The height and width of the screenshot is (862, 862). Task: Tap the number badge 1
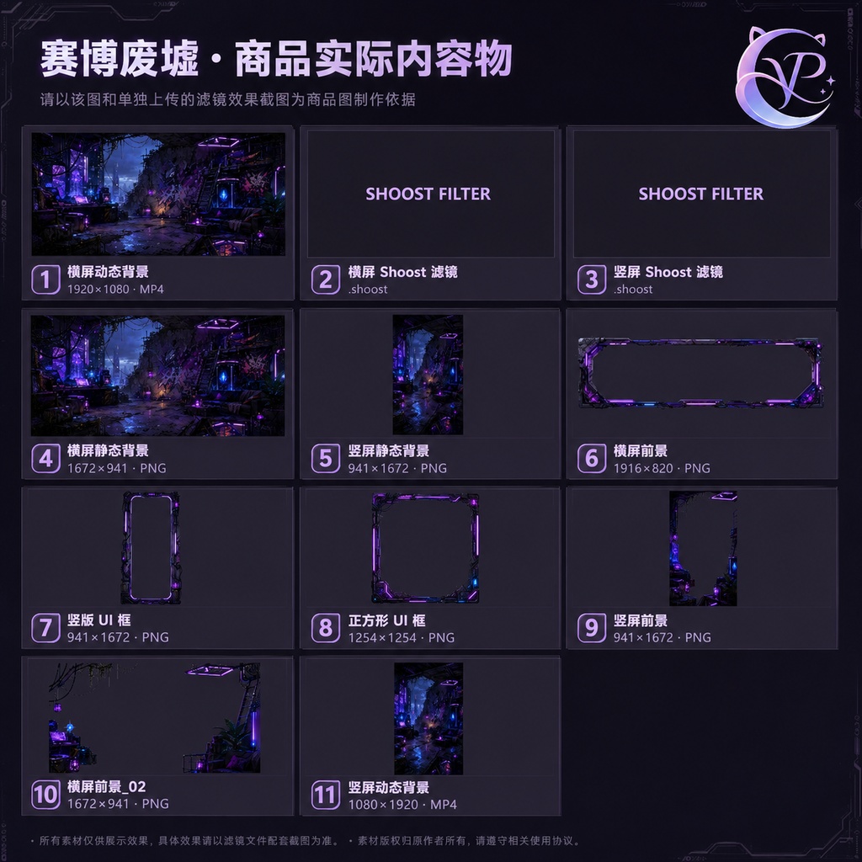tap(45, 279)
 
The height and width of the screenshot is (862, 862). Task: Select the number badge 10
tap(45, 795)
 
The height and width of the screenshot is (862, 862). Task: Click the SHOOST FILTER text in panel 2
tap(428, 194)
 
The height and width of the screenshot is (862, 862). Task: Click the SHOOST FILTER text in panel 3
tap(701, 194)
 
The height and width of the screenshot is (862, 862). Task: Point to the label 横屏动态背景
tap(108, 272)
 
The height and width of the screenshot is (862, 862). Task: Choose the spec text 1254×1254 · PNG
tap(402, 638)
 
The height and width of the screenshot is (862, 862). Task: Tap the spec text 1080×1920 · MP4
tap(402, 805)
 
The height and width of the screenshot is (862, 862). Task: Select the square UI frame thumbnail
tap(375, 548)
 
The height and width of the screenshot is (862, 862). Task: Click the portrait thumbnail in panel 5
tap(428, 375)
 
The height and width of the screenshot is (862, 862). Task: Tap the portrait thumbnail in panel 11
tap(428, 719)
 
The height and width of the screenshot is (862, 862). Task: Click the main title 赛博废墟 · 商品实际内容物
tap(276, 58)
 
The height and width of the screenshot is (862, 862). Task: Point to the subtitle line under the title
tap(227, 99)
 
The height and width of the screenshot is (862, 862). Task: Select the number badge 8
tap(326, 628)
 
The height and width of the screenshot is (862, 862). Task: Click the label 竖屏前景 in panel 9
tap(641, 620)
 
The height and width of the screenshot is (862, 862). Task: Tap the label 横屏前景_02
tap(107, 787)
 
